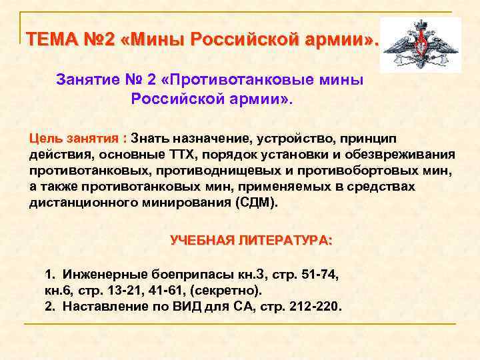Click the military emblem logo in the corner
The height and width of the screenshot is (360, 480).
point(420,45)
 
